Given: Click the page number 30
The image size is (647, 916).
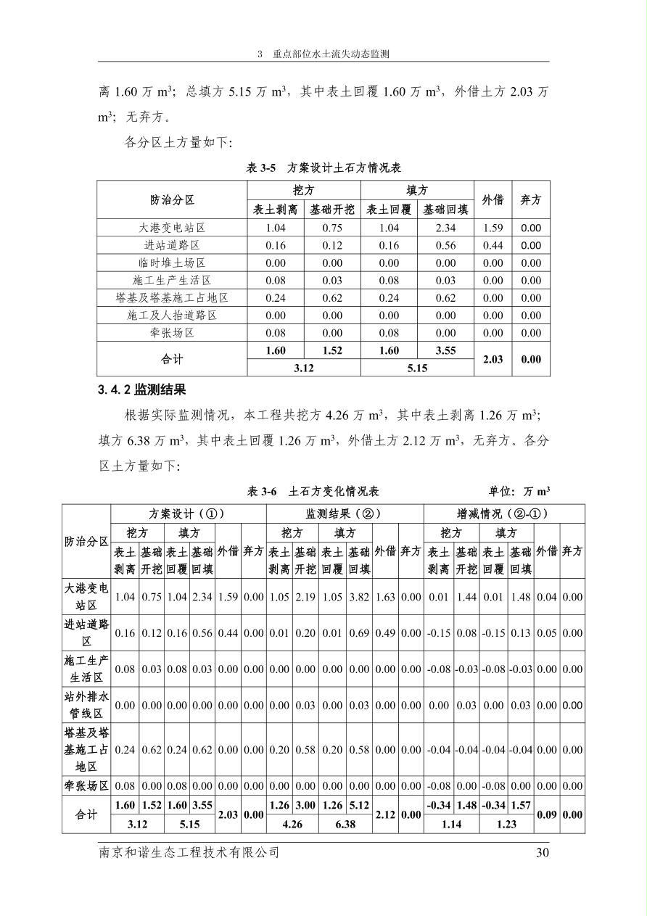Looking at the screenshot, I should point(543,853).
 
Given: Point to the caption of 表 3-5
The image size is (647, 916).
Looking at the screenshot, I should point(323,168).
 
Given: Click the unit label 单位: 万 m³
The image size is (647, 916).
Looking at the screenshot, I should point(519,491).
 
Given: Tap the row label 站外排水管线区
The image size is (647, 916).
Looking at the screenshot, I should point(86,705).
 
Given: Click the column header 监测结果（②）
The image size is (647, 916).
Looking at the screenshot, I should point(345,513).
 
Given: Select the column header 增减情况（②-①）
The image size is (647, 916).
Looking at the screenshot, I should point(503,513).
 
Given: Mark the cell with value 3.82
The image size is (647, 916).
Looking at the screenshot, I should point(358,598).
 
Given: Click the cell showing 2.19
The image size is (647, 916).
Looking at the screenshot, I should point(305,598).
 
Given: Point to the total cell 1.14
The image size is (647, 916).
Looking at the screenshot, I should point(450,824).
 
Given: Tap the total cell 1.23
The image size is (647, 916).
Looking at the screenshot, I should point(506,824).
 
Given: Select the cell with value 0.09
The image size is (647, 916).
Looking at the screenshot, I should point(547,814).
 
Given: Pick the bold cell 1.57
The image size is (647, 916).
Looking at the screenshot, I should point(520,805).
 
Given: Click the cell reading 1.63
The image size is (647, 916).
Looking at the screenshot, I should point(385,598).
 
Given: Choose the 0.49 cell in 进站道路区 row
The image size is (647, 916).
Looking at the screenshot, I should point(385,633).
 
